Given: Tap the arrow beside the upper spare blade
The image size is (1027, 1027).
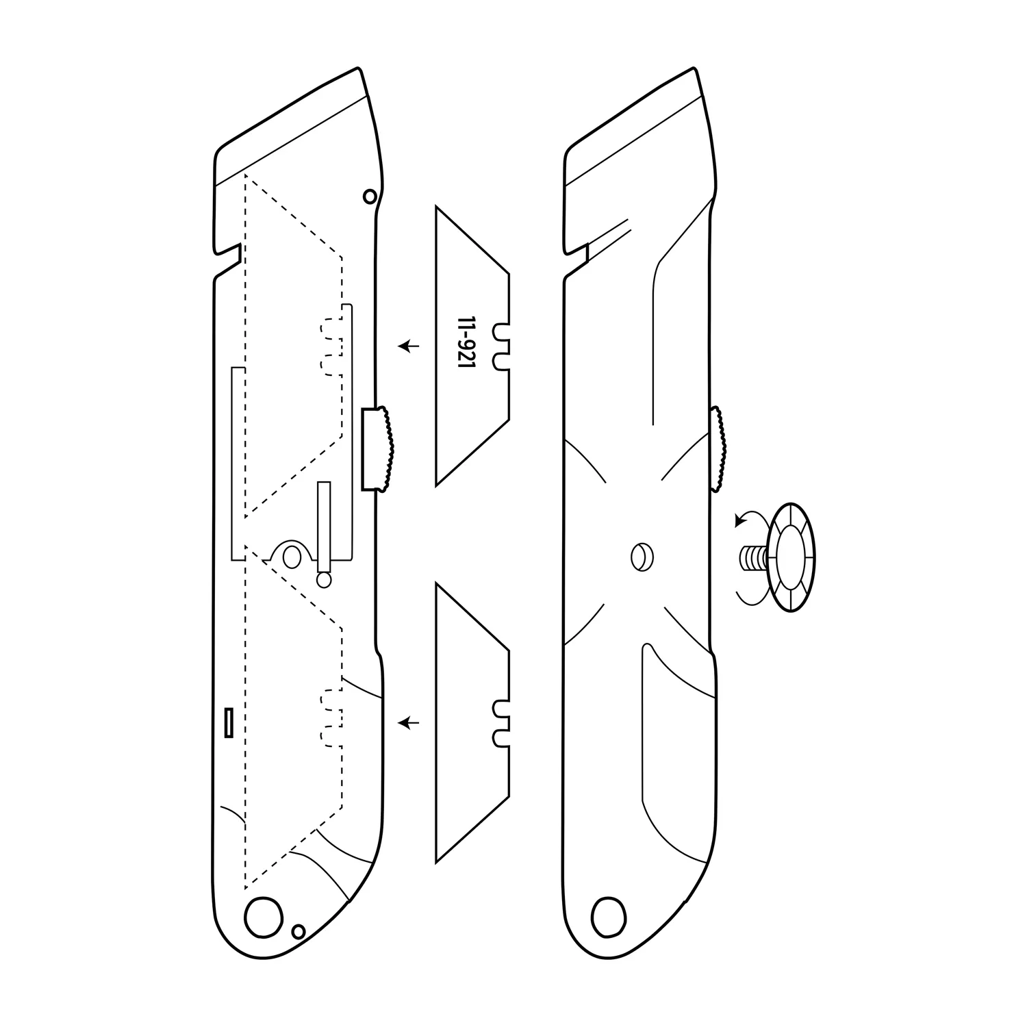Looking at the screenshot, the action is pos(409,346).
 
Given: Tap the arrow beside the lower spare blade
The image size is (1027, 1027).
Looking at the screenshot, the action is pos(409,722).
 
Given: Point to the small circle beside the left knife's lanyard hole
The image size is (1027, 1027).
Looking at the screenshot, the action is pos(298,931).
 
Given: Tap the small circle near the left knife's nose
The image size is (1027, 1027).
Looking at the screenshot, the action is pos(370,196).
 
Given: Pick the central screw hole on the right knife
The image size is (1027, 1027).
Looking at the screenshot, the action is pos(641,555).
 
